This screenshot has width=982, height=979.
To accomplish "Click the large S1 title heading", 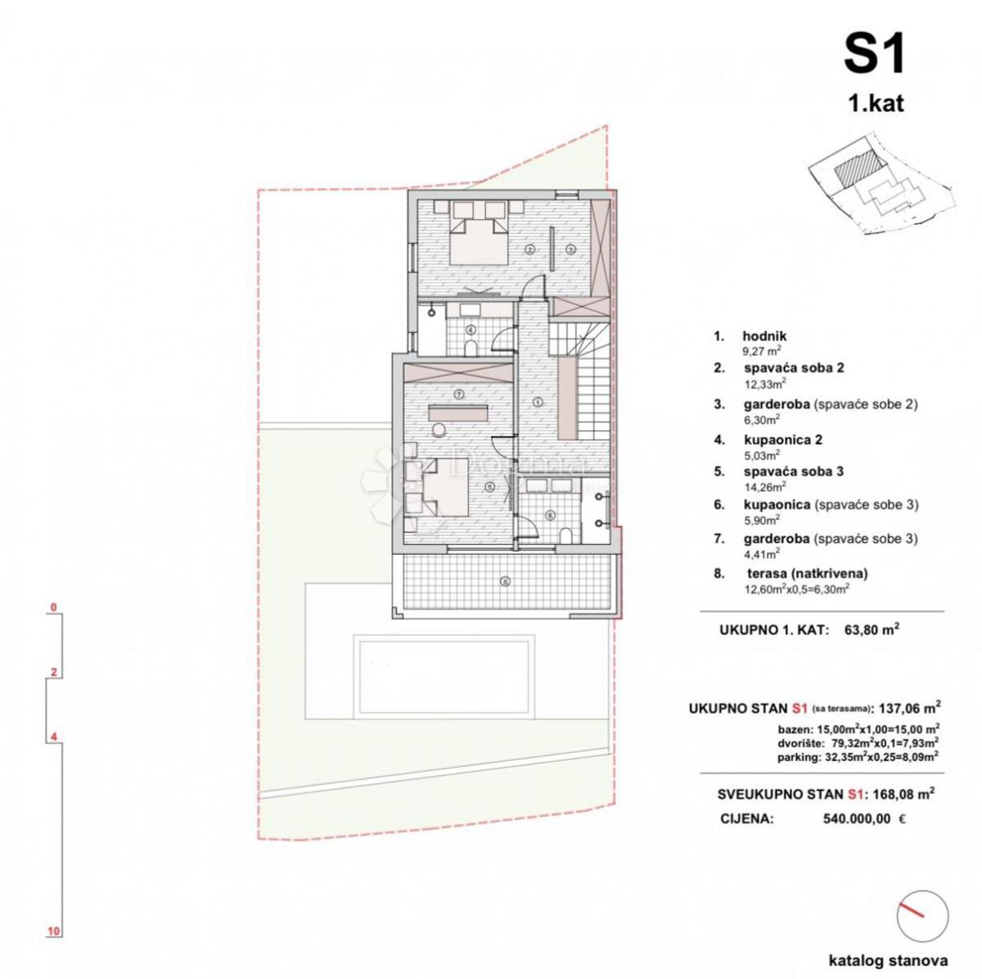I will pos(875,56).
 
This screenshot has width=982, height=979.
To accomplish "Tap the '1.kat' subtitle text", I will pos(876,104).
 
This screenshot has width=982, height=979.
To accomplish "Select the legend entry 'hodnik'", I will pos(764,336).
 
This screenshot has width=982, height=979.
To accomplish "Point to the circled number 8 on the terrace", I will pos(505,582).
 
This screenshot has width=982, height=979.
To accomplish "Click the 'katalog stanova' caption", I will pos(888,961).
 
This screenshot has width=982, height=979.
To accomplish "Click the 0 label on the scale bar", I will pos(53,607).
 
